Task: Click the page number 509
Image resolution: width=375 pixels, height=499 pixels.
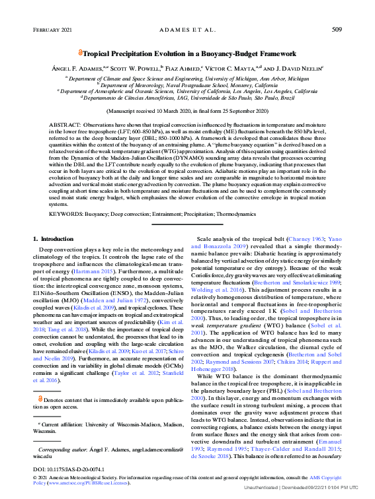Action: pyautogui.click(x=337, y=30)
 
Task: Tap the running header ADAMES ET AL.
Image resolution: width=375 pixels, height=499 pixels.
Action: pyautogui.click(x=187, y=30)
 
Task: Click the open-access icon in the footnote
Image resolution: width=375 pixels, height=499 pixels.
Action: pyautogui.click(x=40, y=398)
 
